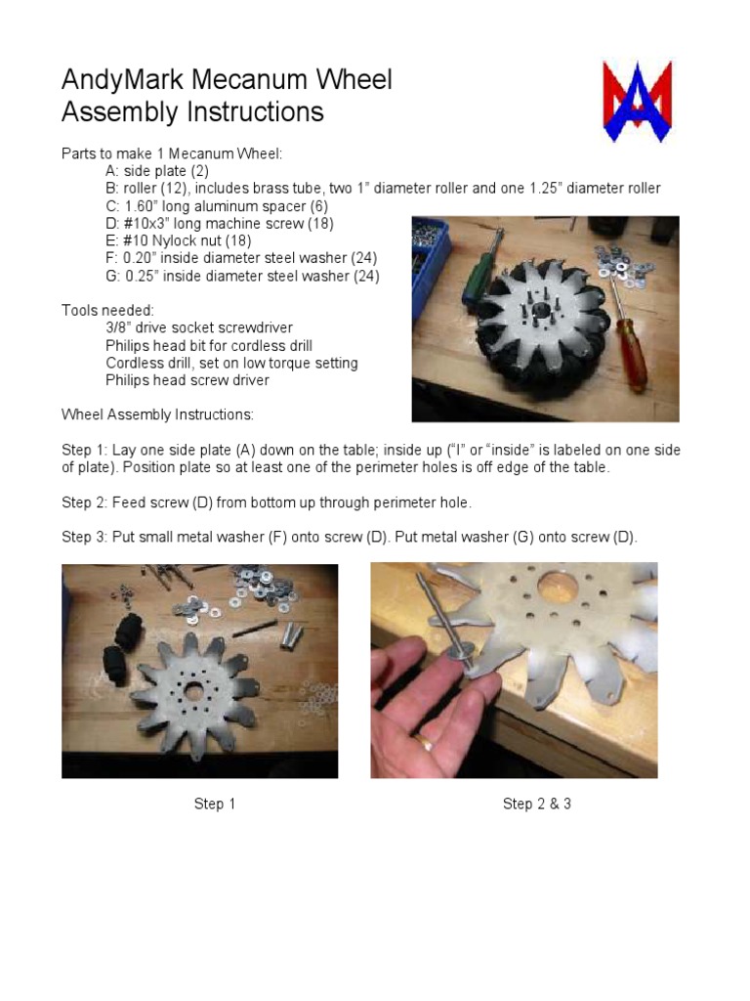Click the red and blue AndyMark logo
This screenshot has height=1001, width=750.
click(637, 101)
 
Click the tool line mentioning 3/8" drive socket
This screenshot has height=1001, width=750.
click(199, 328)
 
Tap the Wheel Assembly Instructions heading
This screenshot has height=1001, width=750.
click(157, 414)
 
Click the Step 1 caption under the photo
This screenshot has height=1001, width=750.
click(215, 804)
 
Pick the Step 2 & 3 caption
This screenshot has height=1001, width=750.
click(536, 804)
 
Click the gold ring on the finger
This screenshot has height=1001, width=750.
click(427, 745)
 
